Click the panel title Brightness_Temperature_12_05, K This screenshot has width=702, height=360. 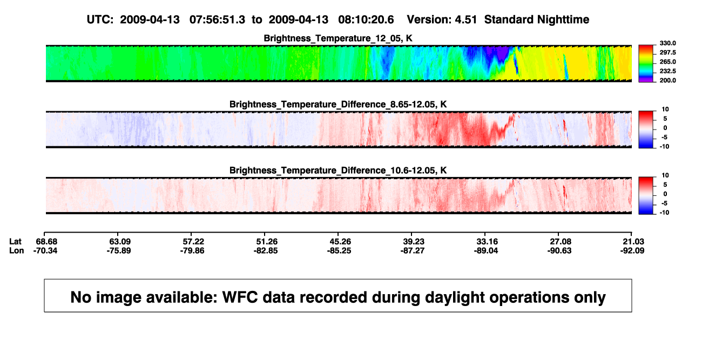(338, 38)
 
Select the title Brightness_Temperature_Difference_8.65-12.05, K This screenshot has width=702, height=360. (338, 104)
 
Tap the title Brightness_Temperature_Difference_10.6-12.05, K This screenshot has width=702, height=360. (338, 171)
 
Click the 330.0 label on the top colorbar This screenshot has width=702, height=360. (667, 43)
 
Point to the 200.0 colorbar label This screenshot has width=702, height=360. (667, 80)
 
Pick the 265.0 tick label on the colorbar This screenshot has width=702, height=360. (667, 62)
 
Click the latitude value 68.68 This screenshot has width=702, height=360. (46, 242)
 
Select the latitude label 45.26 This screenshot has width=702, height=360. (340, 242)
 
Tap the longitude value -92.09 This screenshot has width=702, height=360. (632, 250)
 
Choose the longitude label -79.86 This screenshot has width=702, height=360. (192, 250)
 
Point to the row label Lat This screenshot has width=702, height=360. (15, 242)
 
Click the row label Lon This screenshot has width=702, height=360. (17, 250)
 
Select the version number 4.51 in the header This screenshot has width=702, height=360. (465, 20)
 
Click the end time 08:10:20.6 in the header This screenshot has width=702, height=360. (366, 20)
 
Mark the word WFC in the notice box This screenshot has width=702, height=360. (240, 297)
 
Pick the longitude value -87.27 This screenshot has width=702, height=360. (413, 250)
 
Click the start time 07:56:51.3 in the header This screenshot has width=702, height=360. (217, 20)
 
